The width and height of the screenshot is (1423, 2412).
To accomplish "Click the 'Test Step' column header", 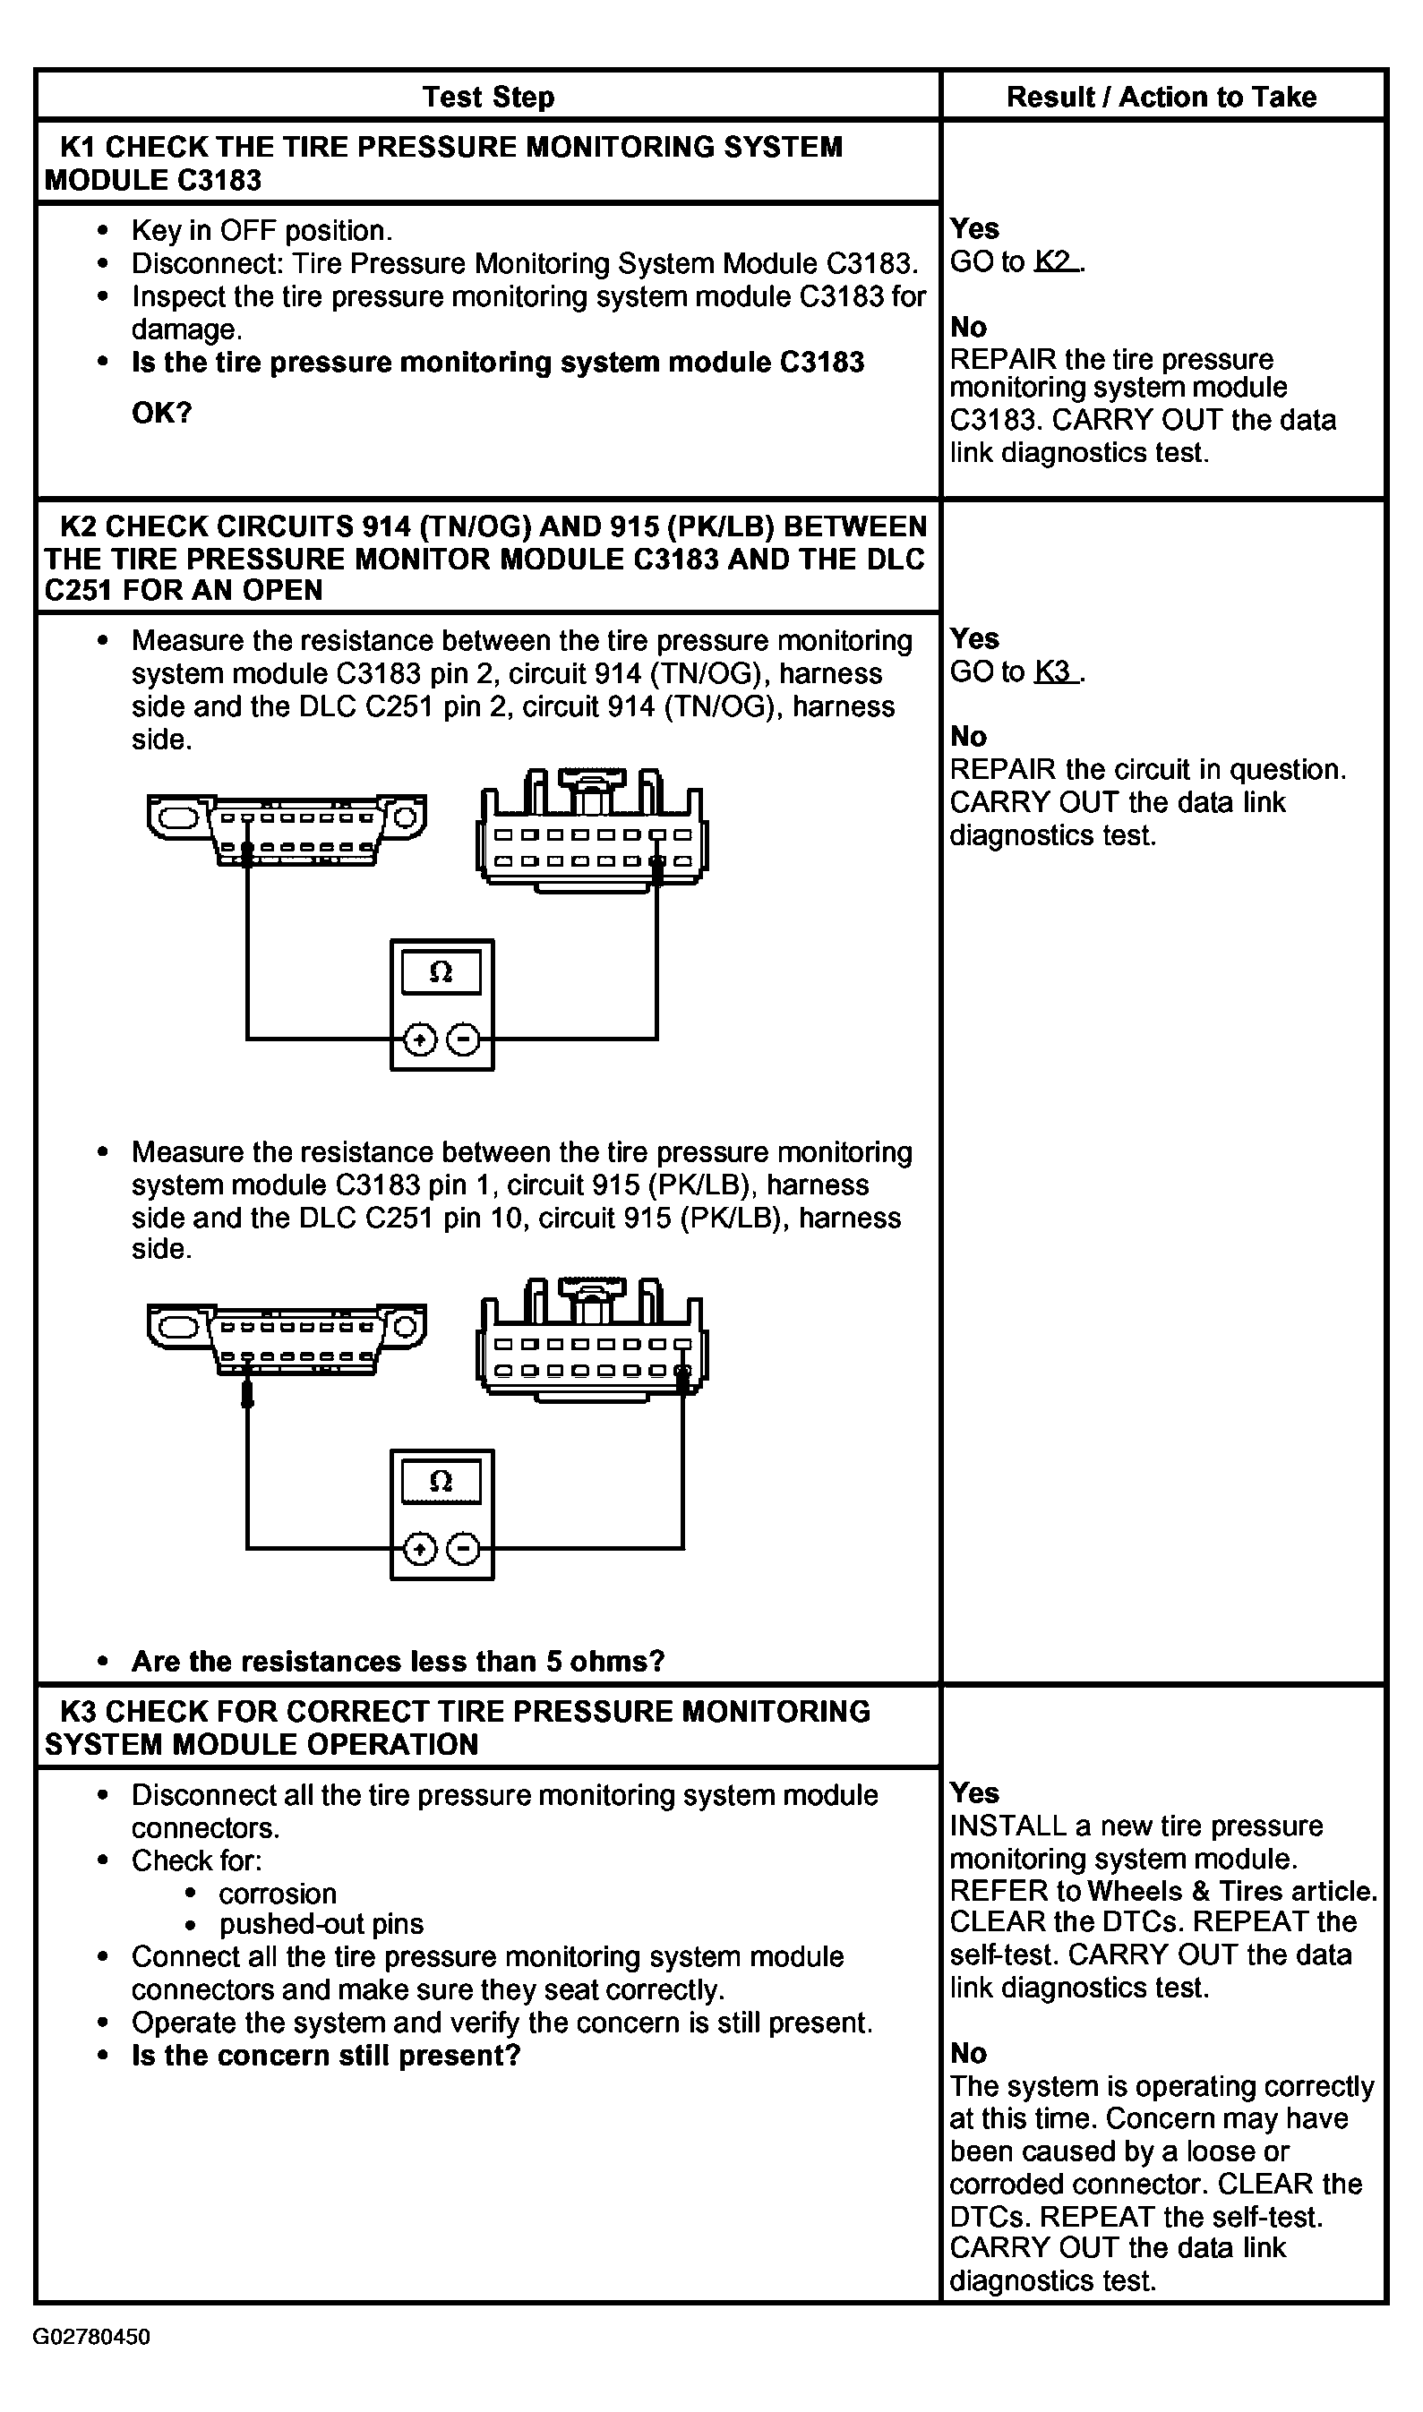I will click(x=488, y=97).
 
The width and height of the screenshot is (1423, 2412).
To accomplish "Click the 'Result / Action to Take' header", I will click(x=1162, y=97).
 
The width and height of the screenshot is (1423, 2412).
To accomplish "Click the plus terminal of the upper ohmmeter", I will click(x=420, y=1039).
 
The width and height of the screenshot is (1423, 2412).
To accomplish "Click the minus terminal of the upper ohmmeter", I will click(x=464, y=1039).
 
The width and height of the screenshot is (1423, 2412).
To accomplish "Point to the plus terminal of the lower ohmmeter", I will click(x=420, y=1548).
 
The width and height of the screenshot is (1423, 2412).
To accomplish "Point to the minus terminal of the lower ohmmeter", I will click(x=464, y=1548).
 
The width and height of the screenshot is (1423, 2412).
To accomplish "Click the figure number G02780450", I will click(x=92, y=2336).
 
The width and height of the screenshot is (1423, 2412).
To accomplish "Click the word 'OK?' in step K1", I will click(x=162, y=413).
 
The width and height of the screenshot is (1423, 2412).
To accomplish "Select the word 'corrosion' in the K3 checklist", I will click(x=279, y=1894).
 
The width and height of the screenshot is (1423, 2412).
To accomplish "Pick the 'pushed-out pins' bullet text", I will click(x=321, y=1923).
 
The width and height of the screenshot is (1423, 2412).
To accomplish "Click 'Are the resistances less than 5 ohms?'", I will click(x=398, y=1661).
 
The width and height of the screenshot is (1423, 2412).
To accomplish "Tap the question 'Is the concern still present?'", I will click(x=326, y=2056).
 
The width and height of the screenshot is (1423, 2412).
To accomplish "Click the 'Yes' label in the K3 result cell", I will click(x=974, y=1792).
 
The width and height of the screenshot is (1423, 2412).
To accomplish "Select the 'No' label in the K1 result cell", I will click(x=968, y=327).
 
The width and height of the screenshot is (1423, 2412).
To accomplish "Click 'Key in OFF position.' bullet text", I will click(x=261, y=230).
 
